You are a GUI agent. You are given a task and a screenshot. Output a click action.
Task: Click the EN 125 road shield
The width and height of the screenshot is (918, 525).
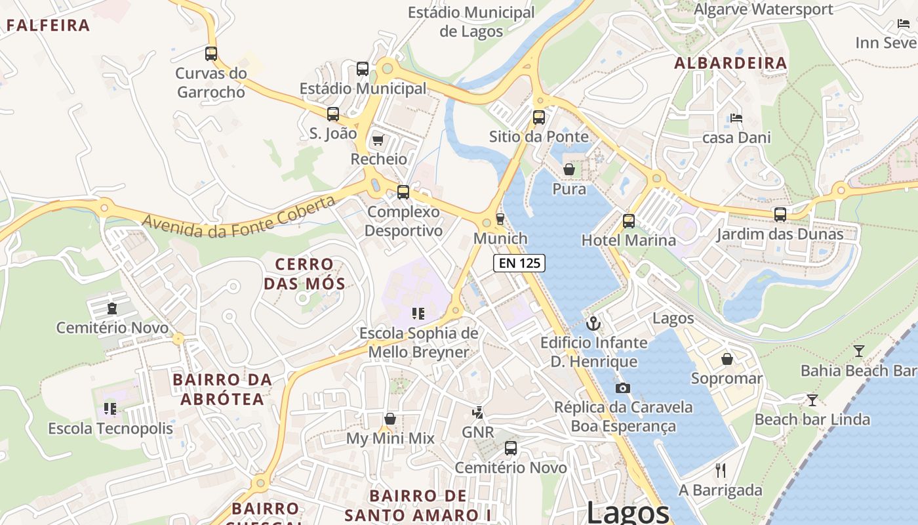click(x=519, y=263)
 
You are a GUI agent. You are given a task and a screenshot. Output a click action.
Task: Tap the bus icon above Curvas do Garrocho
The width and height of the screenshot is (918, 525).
click(x=211, y=54)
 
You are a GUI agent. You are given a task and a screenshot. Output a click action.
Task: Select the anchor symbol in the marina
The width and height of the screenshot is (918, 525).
click(x=593, y=323)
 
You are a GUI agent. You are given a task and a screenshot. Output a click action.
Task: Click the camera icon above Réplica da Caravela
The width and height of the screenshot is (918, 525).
click(x=622, y=388)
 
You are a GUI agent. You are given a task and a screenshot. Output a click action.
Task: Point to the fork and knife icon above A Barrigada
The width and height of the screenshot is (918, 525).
click(x=721, y=471)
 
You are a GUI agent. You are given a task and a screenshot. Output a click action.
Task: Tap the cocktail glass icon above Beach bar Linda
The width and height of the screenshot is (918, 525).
click(x=812, y=400)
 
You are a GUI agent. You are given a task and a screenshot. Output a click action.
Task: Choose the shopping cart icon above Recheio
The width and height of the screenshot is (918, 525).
click(x=378, y=140)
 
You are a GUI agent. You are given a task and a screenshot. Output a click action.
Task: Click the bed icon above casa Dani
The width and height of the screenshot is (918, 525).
click(x=736, y=118)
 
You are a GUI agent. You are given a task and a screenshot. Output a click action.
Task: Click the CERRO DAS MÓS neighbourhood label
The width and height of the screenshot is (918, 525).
click(x=304, y=274)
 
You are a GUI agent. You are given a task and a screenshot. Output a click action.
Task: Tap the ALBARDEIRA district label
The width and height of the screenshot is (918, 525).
click(x=730, y=63)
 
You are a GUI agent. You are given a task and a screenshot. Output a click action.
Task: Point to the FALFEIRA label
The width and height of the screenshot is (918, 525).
click(x=48, y=26)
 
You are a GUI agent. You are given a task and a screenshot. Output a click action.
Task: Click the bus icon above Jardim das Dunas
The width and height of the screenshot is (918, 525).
click(x=780, y=215)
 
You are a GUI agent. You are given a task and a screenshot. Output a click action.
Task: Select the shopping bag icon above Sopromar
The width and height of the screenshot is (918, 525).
click(x=727, y=359)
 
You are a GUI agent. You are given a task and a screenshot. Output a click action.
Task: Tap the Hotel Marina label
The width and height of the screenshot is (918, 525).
click(x=628, y=240)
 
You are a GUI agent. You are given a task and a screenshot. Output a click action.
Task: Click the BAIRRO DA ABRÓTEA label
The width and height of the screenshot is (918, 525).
click(x=222, y=389)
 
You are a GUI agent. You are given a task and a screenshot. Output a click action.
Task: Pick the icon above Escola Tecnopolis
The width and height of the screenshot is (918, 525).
click(x=110, y=409)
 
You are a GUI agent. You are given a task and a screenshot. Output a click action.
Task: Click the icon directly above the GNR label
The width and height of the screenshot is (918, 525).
click(x=478, y=413)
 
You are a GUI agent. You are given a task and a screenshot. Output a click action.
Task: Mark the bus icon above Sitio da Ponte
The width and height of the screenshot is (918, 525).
click(x=539, y=117)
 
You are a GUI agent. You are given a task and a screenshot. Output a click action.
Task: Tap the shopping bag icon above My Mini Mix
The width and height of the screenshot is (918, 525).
click(x=390, y=419)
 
